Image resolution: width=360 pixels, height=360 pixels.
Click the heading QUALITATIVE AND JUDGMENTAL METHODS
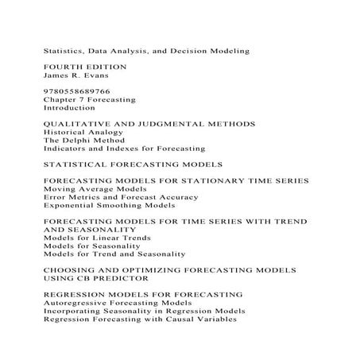(x=149, y=126)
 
